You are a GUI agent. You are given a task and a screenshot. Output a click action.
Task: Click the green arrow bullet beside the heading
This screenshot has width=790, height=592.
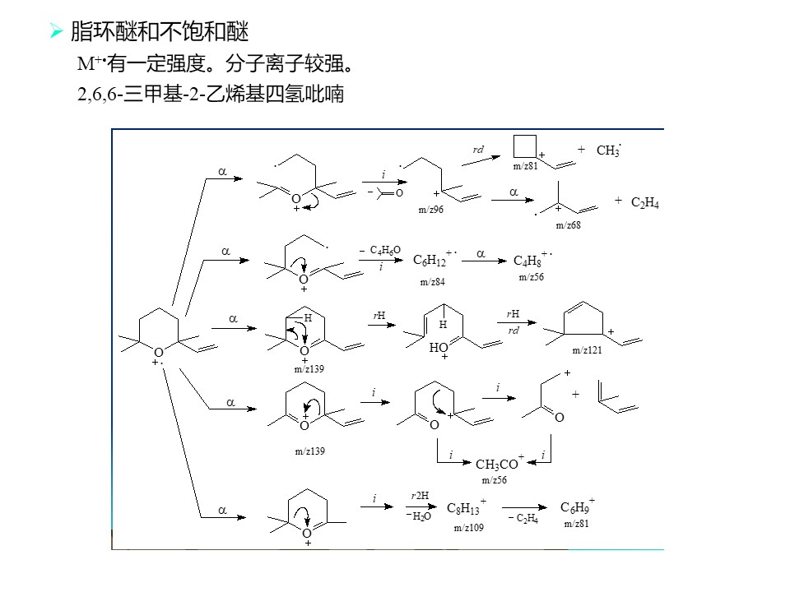(x=57, y=32)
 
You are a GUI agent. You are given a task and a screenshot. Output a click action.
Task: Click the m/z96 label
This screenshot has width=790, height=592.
(x=430, y=210)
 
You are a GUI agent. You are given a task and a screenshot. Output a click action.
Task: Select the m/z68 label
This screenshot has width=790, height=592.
(x=568, y=225)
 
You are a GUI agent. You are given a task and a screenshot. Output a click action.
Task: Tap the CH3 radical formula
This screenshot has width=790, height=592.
(x=609, y=150)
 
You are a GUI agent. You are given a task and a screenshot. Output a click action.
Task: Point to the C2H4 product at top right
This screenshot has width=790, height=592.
(x=645, y=202)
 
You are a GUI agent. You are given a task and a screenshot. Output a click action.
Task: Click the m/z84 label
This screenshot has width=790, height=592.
(x=432, y=282)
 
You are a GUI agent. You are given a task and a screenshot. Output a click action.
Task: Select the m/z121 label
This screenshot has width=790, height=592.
(x=587, y=350)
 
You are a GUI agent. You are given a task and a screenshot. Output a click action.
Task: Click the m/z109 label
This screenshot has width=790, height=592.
(x=468, y=528)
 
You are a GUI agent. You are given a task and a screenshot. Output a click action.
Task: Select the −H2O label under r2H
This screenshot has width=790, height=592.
(x=419, y=516)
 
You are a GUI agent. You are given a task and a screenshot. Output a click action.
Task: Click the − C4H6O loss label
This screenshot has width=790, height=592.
(x=380, y=250)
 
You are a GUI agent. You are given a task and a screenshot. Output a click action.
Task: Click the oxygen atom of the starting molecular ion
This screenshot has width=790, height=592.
(x=159, y=353)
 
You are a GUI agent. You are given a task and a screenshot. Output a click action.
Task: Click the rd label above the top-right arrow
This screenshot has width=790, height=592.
(x=478, y=150)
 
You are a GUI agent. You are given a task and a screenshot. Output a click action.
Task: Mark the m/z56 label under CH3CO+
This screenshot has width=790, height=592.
(x=495, y=479)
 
